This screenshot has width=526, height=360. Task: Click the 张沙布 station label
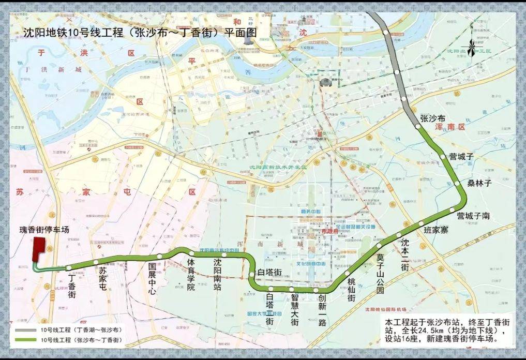[x=433, y=118]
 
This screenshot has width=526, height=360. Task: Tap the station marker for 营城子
[x=443, y=156]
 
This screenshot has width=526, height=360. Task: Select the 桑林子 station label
[x=478, y=183]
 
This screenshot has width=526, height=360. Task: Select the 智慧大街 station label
[x=294, y=309]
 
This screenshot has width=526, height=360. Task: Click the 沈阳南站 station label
[x=217, y=274]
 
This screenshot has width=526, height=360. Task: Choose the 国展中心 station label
[x=152, y=279]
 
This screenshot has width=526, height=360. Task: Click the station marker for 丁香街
[x=69, y=267]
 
